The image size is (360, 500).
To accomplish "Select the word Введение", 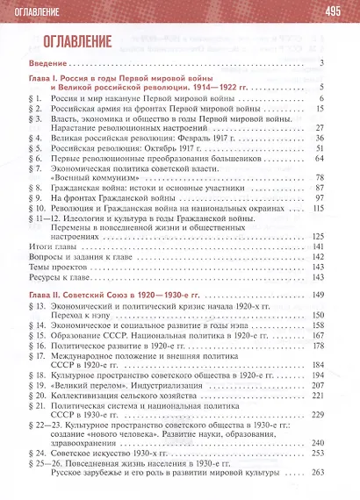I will click(50, 61).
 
